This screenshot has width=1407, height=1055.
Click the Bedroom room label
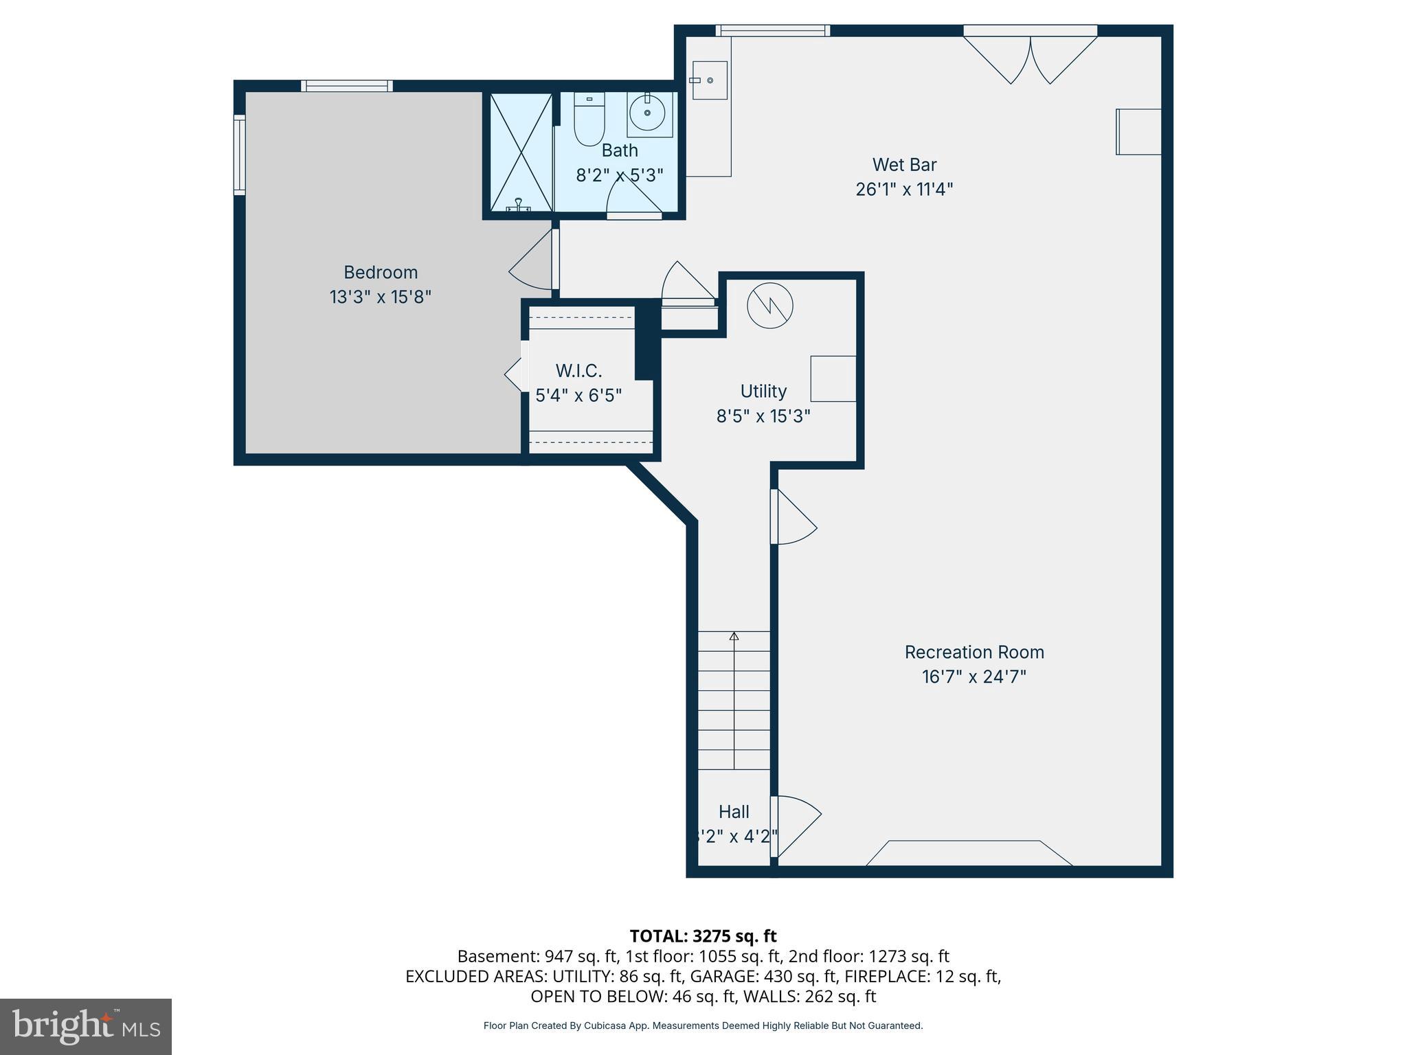click(380, 273)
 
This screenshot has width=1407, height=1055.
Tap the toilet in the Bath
click(589, 121)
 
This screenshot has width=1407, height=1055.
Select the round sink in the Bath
click(647, 113)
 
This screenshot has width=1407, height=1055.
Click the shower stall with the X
click(521, 152)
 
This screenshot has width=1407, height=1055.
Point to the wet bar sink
click(708, 80)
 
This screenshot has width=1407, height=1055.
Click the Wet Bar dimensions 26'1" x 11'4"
click(904, 190)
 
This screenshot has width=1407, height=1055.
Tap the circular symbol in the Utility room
click(770, 305)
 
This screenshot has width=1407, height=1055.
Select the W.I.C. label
click(578, 371)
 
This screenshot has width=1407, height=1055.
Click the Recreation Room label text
click(973, 652)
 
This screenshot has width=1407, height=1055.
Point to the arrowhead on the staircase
click(734, 637)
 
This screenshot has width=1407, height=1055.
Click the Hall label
click(734, 812)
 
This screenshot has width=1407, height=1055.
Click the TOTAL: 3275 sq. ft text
click(703, 936)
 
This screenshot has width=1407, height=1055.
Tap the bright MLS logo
click(86, 1026)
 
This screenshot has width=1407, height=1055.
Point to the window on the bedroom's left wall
click(239, 155)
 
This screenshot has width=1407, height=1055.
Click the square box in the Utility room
click(833, 378)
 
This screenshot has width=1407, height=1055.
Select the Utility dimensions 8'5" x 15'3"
click(763, 416)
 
